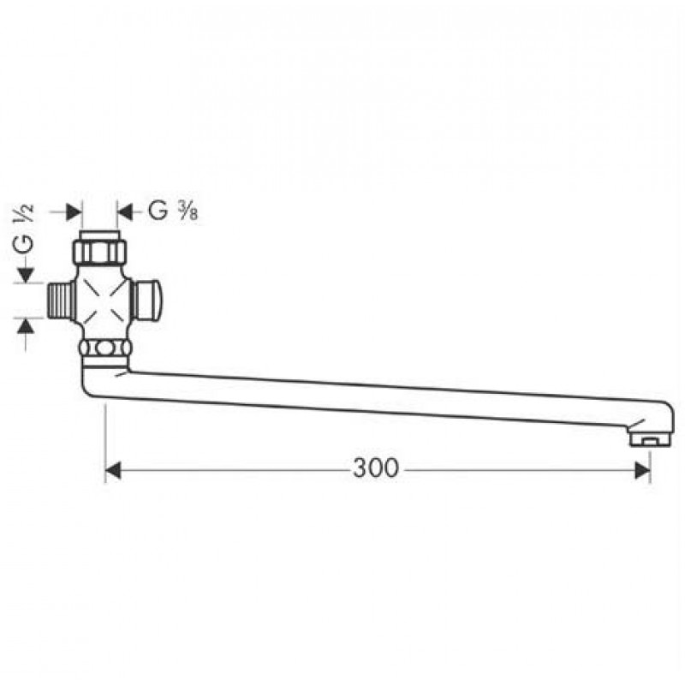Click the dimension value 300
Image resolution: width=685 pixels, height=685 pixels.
[x=376, y=468]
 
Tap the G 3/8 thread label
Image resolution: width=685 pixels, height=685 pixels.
[x=173, y=211]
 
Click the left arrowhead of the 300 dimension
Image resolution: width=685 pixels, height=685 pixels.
[x=113, y=471]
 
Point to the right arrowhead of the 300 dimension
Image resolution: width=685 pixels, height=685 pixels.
[x=643, y=470]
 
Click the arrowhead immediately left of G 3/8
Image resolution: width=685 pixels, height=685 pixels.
[x=124, y=212]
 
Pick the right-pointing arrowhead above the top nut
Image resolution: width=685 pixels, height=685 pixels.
[x=74, y=212]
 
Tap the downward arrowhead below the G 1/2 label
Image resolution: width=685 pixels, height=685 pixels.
[x=26, y=275]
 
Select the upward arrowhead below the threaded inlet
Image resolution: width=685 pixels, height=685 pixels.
[x=26, y=326]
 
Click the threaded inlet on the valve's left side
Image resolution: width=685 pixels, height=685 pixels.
[x=60, y=301]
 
